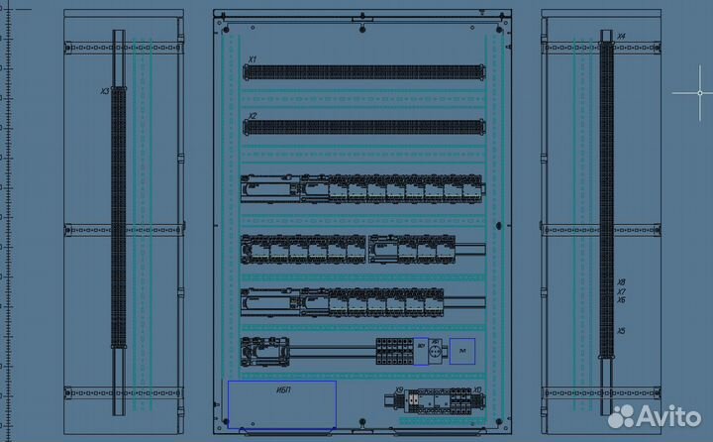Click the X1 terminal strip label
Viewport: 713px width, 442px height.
pyautogui.click(x=253, y=59)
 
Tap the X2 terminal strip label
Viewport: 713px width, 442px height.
pyautogui.click(x=253, y=116)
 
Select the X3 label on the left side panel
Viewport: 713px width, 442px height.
pyautogui.click(x=105, y=91)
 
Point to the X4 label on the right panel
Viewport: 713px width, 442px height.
pyautogui.click(x=621, y=37)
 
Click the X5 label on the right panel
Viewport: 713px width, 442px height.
pyautogui.click(x=621, y=331)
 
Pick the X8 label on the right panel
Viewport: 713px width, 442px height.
pyautogui.click(x=621, y=282)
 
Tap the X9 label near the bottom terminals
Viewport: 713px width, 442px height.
pyautogui.click(x=399, y=390)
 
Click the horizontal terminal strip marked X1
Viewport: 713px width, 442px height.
pyautogui.click(x=363, y=72)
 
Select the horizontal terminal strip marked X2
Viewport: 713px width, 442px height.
pyautogui.click(x=363, y=127)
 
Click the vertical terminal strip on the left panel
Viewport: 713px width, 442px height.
pyautogui.click(x=120, y=218)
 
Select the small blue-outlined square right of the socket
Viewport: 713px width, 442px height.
pyautogui.click(x=462, y=351)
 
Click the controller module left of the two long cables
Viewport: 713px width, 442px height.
pyautogui.click(x=264, y=350)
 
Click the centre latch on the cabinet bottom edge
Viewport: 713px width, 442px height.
pyautogui.click(x=363, y=433)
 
